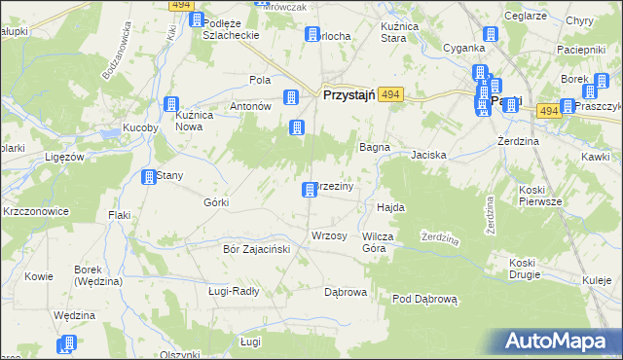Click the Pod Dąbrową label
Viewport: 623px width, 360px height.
click(x=424, y=299)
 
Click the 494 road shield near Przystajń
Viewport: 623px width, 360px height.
click(x=390, y=94)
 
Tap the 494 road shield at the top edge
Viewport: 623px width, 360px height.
click(x=179, y=5)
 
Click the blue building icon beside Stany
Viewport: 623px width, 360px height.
click(x=149, y=177)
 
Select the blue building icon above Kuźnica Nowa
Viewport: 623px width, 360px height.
click(x=172, y=104)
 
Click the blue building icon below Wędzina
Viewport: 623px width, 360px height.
click(x=68, y=342)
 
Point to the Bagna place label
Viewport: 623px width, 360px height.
click(x=375, y=147)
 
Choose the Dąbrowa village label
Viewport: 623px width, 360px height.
click(x=345, y=291)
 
